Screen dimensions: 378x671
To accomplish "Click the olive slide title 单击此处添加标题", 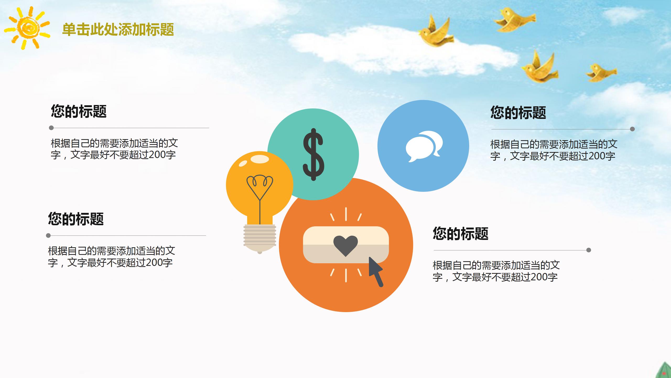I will [118, 29].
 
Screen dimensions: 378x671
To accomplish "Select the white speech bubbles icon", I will [424, 146].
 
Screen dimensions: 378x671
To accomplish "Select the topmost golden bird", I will [514, 20].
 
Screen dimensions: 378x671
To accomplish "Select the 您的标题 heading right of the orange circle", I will [461, 233].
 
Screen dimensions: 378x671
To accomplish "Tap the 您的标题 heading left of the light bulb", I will [76, 219].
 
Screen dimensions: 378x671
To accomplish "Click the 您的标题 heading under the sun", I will [79, 111].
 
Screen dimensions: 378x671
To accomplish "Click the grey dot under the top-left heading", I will [51, 128].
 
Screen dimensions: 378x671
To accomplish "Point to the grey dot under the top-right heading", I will [632, 129].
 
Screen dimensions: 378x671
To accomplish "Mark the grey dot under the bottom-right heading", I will [588, 250].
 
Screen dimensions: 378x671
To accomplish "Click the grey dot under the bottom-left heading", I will [48, 235].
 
